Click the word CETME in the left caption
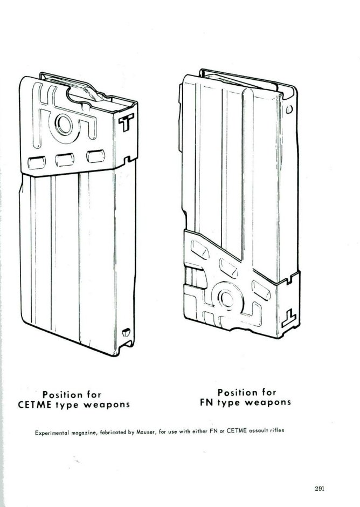[38, 404]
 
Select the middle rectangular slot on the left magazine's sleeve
[65, 159]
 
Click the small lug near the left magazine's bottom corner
[127, 333]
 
